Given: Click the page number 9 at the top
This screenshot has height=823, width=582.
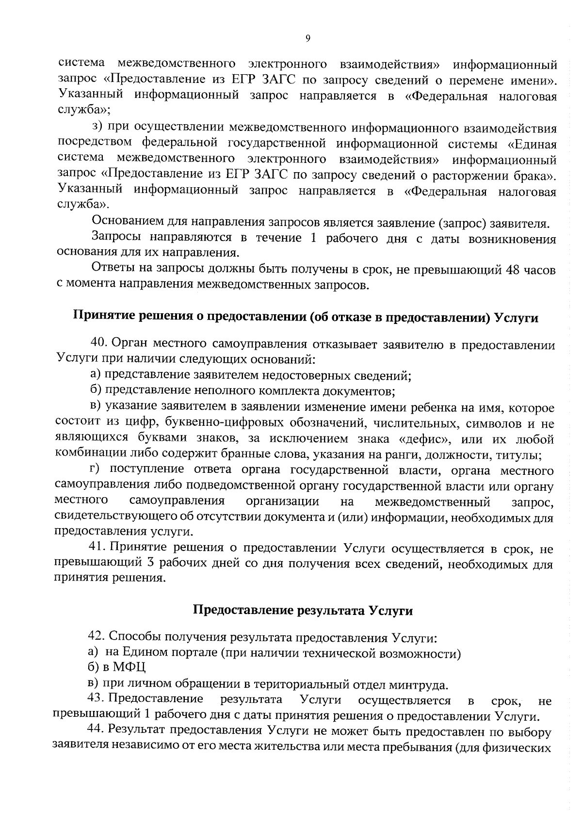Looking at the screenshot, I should coord(308,39).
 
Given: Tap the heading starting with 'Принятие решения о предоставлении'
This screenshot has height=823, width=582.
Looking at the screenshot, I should coord(306,318).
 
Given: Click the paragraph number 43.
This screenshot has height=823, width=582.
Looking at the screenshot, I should coord(96,699).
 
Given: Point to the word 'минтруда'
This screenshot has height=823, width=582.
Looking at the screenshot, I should coord(422,685).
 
